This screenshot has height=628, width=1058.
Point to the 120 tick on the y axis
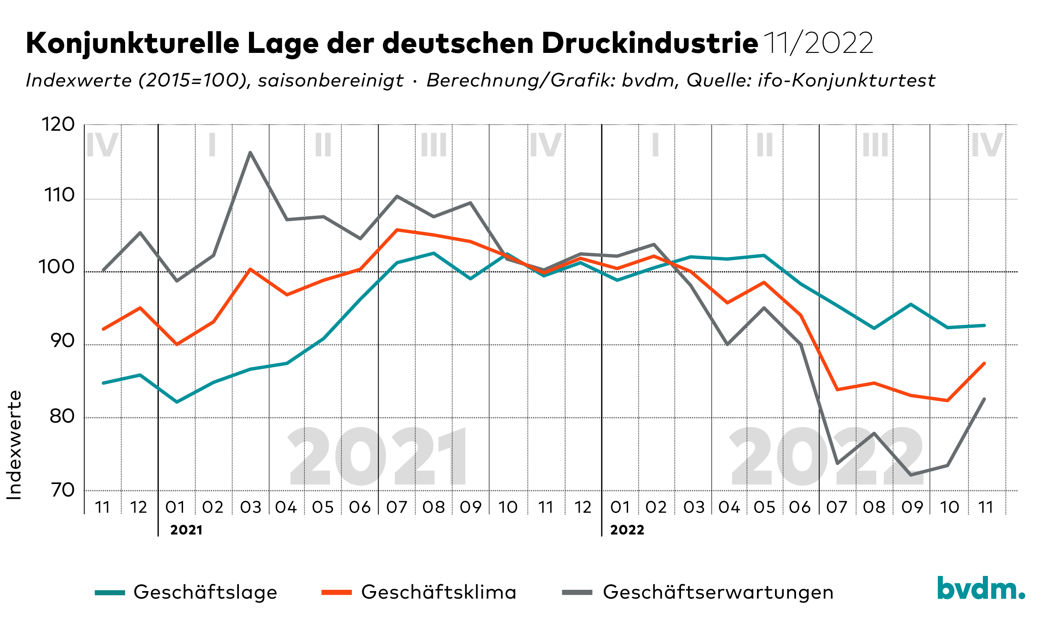tap(58, 125)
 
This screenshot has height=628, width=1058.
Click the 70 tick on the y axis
tap(62, 490)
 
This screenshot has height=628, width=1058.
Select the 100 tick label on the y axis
tap(57, 267)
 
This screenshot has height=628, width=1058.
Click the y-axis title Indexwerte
tap(14, 445)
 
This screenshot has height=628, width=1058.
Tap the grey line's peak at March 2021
tap(250, 152)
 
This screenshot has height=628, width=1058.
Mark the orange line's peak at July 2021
tap(397, 230)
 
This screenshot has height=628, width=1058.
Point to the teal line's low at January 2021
tap(176, 402)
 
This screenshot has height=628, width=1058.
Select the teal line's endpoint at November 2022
tap(985, 325)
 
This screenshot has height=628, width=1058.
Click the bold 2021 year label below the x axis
tap(186, 530)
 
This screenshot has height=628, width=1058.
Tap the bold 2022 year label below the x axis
tap(627, 530)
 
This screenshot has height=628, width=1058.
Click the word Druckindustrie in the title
tap(649, 43)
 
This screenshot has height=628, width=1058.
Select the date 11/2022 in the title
tap(818, 43)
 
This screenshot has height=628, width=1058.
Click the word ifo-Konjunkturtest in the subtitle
tap(846, 81)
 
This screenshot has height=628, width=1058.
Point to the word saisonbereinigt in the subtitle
tap(330, 81)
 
